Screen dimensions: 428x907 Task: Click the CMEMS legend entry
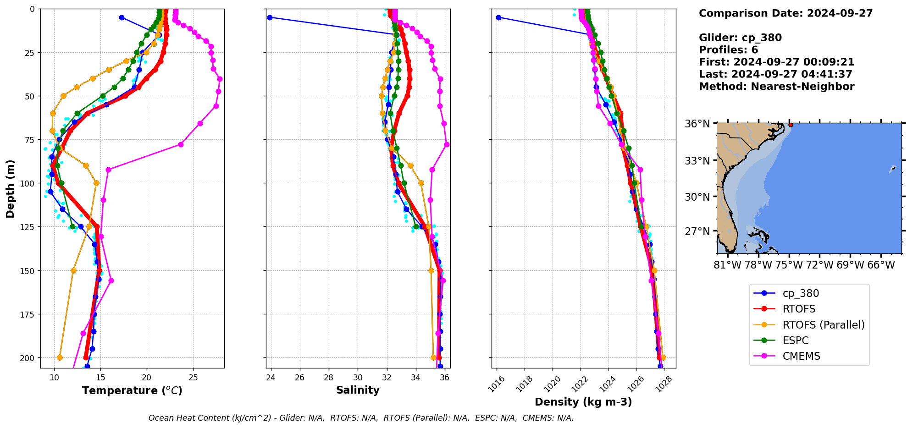801,356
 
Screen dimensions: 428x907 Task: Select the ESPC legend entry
795,340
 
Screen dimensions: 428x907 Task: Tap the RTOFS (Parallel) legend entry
823,325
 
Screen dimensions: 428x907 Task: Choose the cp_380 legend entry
800,294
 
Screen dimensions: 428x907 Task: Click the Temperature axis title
132,390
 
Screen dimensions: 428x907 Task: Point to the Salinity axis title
358,390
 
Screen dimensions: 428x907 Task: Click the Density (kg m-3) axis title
583,402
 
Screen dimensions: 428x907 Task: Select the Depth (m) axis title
10,189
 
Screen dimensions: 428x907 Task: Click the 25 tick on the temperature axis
193,378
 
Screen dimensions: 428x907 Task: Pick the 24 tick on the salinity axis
271,378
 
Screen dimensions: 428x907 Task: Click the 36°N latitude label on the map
697,124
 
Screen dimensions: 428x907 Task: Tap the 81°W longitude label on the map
727,265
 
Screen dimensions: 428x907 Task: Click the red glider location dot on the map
791,125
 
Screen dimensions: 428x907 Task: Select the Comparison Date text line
785,13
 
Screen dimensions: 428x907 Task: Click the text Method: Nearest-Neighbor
776,87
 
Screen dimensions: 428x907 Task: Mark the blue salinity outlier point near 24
270,17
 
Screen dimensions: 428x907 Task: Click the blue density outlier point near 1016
498,17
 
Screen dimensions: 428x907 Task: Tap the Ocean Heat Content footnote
361,418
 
